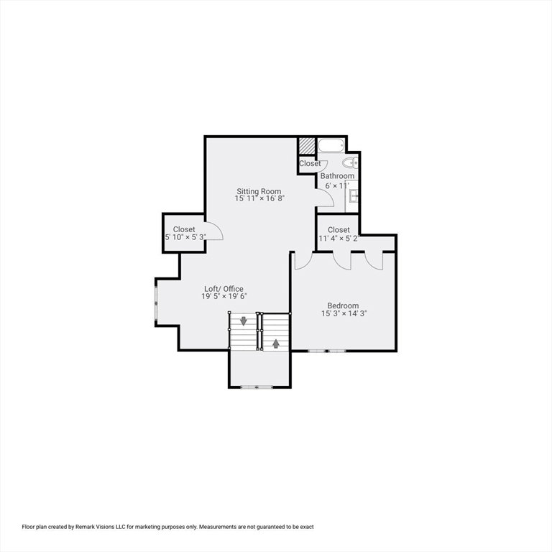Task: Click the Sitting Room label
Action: (x=259, y=191)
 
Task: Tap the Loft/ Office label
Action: (x=224, y=289)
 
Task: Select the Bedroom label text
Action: (x=343, y=305)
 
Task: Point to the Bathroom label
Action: (x=337, y=175)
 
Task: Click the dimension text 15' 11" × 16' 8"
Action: (x=259, y=198)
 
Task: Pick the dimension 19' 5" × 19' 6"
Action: (x=224, y=296)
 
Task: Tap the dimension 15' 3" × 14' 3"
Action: (x=344, y=313)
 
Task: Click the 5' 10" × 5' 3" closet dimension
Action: (x=185, y=237)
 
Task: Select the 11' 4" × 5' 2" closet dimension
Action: (x=339, y=239)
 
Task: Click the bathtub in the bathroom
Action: (x=331, y=144)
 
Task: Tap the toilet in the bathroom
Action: (x=350, y=163)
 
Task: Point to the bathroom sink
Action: (x=354, y=195)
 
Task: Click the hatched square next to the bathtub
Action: (x=306, y=145)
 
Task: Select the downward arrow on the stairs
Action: (x=243, y=321)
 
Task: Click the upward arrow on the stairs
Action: (x=276, y=344)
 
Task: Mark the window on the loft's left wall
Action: (x=156, y=302)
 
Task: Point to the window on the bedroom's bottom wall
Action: (x=327, y=351)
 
